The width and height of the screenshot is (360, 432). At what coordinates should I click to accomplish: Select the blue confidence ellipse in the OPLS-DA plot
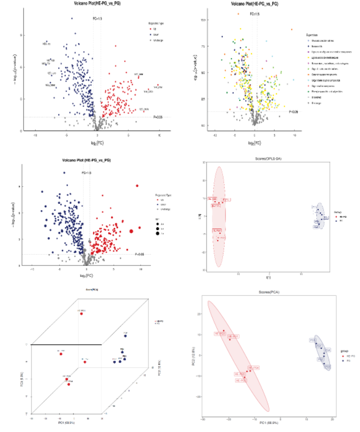point(320,216)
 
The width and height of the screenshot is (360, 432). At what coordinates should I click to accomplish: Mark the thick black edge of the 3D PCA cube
point(67,344)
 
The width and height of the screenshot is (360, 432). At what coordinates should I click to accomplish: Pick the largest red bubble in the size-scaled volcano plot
point(132,231)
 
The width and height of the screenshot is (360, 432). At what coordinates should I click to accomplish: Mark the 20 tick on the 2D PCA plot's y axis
point(199,314)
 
